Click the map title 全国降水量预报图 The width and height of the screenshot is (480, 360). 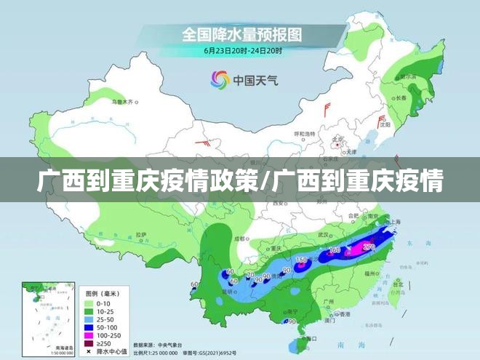tap(242, 34)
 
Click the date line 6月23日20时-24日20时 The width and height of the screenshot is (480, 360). tap(242, 51)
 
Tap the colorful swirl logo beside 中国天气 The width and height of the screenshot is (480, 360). tap(219, 79)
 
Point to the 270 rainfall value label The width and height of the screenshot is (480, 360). tap(369, 247)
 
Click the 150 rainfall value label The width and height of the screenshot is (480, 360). tap(301, 260)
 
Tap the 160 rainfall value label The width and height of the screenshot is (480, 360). tap(335, 250)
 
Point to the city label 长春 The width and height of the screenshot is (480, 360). tap(401, 97)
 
